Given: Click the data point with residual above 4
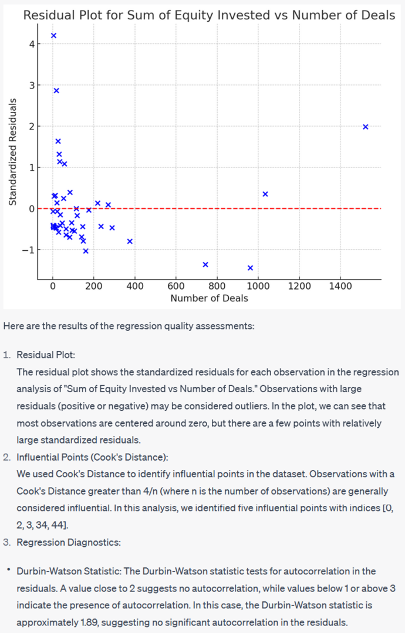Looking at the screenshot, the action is tap(53, 36).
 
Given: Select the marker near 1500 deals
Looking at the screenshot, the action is tap(366, 127).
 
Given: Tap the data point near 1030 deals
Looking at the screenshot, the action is tap(265, 194).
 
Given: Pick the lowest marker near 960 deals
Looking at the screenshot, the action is tap(250, 268).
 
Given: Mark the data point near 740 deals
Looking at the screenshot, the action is tap(205, 264).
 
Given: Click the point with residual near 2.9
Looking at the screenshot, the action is tap(56, 91).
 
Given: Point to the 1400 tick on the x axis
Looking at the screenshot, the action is tap(340, 286).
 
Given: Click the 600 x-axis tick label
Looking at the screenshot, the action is tap(176, 286).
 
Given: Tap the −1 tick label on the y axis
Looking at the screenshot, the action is tap(28, 250).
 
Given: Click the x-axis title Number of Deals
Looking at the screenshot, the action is tap(209, 298).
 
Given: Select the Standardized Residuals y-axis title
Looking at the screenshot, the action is tap(12, 152).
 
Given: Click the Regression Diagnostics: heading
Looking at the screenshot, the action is tap(69, 542).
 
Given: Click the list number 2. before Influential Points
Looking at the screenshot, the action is tap(7, 457).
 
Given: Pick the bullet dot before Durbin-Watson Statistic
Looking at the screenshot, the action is tap(8, 570).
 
